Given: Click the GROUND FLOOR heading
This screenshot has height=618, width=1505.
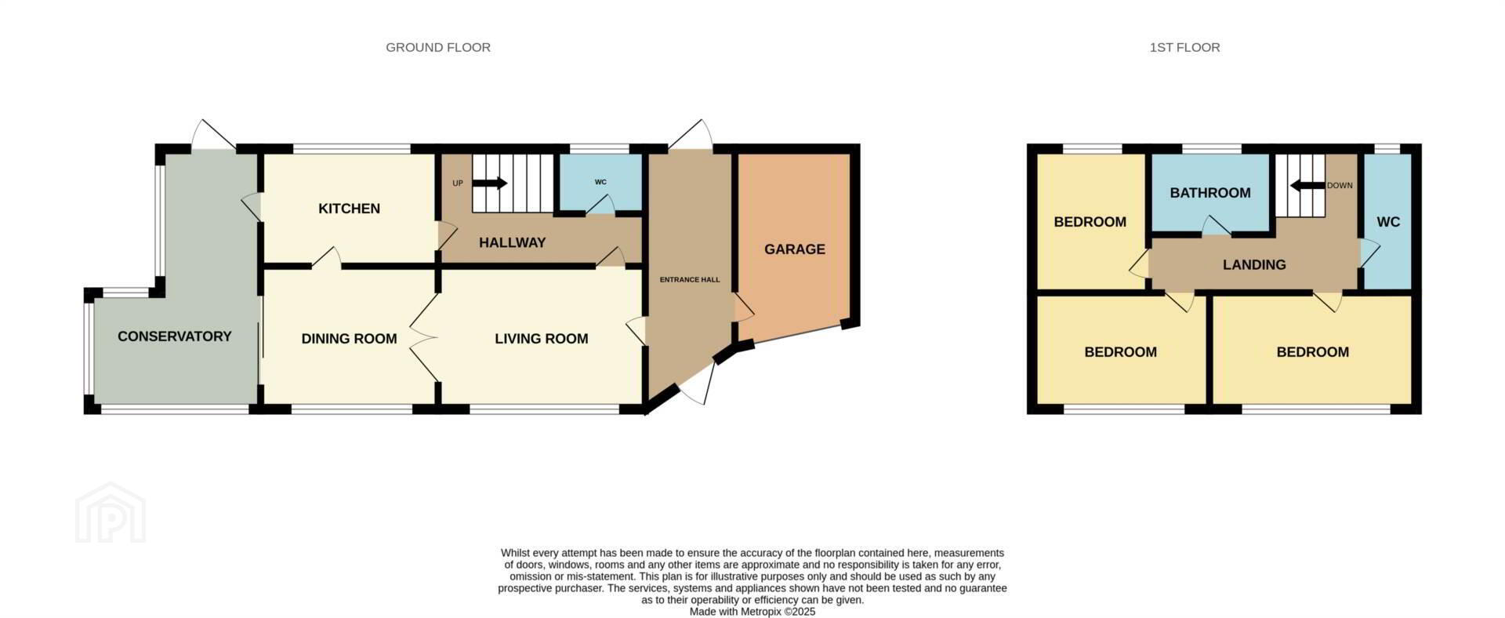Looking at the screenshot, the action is (438, 47).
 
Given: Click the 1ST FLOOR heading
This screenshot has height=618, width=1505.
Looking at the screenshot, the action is (1184, 47).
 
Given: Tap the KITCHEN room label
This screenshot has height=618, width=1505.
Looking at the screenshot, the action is (349, 209).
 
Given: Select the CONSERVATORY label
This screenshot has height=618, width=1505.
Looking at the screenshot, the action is (174, 336).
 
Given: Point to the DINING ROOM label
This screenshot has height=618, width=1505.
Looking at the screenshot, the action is (349, 339).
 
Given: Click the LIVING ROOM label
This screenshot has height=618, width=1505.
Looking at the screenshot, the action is (541, 339).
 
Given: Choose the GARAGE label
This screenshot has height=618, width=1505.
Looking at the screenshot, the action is (795, 249).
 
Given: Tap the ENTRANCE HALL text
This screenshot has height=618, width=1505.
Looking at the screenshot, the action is (690, 280).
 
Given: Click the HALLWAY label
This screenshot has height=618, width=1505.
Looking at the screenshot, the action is (512, 243).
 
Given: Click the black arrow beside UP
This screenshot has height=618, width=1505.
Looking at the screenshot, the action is (490, 184).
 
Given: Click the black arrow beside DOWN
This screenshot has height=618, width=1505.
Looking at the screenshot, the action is (1307, 186).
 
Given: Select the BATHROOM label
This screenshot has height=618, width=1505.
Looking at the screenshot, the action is (1210, 193).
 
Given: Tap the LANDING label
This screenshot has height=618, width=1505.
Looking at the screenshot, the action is (1254, 265).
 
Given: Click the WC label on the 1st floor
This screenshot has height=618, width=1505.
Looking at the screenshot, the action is (1388, 223).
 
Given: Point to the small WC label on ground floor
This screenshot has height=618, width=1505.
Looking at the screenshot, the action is (600, 183).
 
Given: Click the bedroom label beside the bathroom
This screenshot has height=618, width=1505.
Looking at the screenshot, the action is (1090, 222).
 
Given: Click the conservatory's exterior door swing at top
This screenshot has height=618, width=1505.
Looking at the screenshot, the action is (213, 134).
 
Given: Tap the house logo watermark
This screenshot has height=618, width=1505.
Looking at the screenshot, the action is (111, 512).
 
